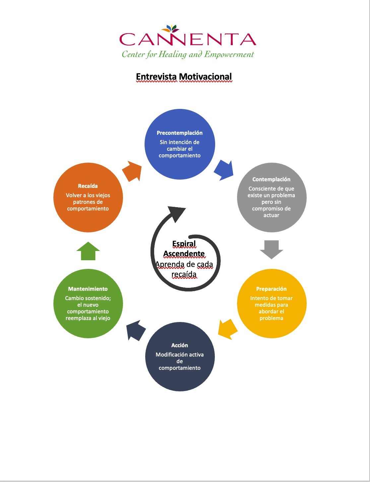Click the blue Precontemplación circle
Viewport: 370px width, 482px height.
[x=180, y=144]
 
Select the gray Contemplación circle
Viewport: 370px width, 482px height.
[x=272, y=198]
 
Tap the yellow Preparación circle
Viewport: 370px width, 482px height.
[x=272, y=303]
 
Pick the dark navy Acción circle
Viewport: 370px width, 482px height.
[x=180, y=357]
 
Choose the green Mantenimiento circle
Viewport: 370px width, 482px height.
[x=88, y=303]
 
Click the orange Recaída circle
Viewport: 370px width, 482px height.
[x=88, y=198]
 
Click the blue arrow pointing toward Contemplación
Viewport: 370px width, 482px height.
[x=224, y=170]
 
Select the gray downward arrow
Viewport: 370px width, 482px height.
[x=272, y=249]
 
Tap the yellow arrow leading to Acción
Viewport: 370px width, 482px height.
[x=228, y=329]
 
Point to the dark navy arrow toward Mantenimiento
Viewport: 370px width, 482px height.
[x=136, y=331]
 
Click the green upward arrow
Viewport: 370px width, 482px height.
[x=88, y=251]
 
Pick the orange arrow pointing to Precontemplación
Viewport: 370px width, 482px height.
[x=132, y=171]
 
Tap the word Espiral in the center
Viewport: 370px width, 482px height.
[x=184, y=244]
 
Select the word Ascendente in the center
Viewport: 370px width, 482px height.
[x=184, y=254]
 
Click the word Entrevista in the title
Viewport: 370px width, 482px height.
[x=156, y=77]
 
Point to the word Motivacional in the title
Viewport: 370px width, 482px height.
[x=205, y=77]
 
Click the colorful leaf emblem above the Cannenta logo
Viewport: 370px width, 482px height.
[x=172, y=29]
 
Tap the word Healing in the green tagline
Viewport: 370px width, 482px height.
[x=172, y=54]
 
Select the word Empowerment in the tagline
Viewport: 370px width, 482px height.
[x=229, y=54]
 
